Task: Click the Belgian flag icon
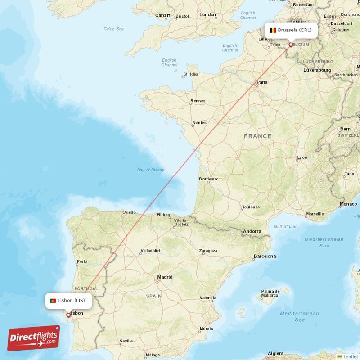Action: [x=273, y=30]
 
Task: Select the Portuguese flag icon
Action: [x=53, y=301]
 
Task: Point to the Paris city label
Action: [x=262, y=82]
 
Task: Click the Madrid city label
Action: [x=165, y=277]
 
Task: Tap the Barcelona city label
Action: [x=265, y=256]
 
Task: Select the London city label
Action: [x=207, y=15]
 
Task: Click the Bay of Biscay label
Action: [x=151, y=170]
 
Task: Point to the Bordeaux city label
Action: [x=208, y=179]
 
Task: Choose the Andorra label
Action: [x=252, y=232]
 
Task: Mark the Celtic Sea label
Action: [x=113, y=29]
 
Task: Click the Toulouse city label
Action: [x=251, y=207]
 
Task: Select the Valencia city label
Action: [x=208, y=297]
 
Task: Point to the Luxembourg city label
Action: [x=317, y=70]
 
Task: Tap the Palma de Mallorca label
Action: [x=270, y=293]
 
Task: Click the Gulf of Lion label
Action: [x=285, y=226]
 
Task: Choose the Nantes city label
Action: [x=199, y=123]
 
